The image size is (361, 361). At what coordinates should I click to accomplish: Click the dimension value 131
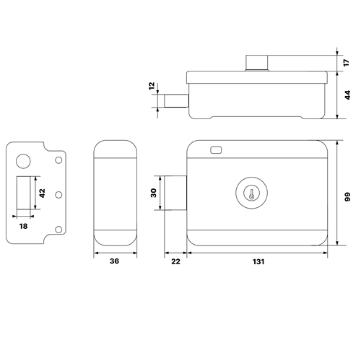click(258, 261)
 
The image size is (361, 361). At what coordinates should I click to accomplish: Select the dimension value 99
click(347, 196)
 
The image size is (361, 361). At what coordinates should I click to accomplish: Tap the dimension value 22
click(175, 261)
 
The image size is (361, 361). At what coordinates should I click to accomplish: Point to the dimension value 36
click(114, 261)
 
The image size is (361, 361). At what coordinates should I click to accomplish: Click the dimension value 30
click(153, 193)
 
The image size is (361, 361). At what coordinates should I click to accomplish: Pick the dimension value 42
click(42, 193)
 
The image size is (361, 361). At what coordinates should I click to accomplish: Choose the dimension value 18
click(23, 226)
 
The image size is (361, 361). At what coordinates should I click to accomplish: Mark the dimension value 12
click(152, 86)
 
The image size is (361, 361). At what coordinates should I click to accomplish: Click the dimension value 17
click(346, 63)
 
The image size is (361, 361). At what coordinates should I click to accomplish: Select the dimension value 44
click(347, 95)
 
